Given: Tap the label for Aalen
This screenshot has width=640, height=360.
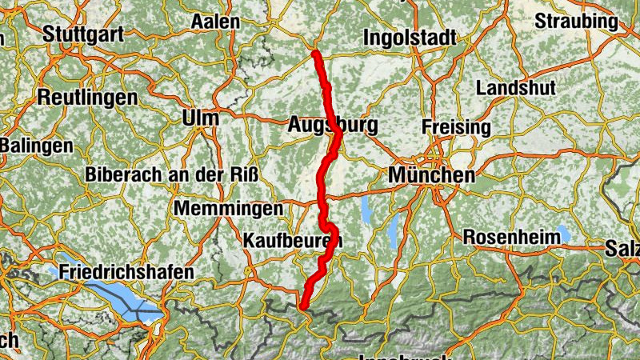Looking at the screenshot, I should [215, 22].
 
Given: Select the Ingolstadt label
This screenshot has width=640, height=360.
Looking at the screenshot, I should [410, 38].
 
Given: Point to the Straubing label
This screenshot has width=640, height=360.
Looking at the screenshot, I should [576, 21].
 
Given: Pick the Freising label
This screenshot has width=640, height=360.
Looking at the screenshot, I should [456, 127].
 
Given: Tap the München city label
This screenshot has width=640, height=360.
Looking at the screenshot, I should [431, 175].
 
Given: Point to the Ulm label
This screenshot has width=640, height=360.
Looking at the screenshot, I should [200, 118].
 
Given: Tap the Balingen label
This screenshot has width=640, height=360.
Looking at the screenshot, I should [36, 146].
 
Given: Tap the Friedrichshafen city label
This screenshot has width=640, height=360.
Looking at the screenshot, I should [126, 272].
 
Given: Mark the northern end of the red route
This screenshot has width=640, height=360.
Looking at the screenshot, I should [316, 54].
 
